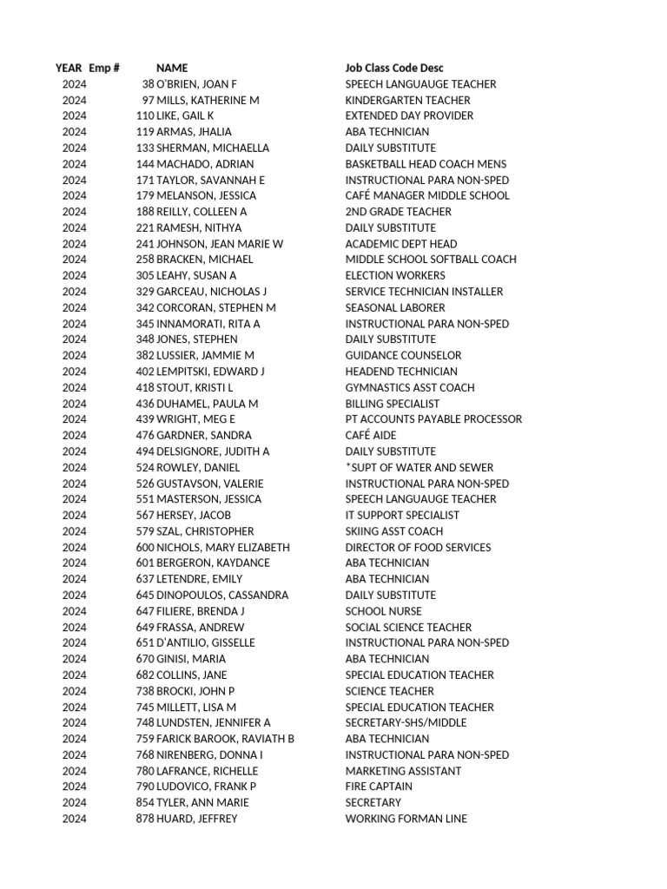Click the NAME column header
point(171,68)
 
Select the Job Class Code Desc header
point(394,68)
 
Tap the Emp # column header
point(104,68)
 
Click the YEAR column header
point(69,68)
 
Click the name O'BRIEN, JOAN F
point(196,84)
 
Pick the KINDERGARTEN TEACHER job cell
point(407,101)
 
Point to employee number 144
point(145,164)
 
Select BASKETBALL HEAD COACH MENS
point(426,164)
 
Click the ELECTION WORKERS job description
point(395,275)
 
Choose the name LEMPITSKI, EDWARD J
point(210,372)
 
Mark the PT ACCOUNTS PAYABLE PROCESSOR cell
point(433,419)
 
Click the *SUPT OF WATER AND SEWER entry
point(413,467)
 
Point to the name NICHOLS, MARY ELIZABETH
point(223,547)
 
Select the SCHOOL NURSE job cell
point(383,611)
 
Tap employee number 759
point(145,739)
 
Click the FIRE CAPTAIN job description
point(379,787)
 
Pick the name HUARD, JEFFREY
point(196,819)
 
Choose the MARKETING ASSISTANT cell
point(403,771)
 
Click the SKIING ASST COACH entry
point(393,531)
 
